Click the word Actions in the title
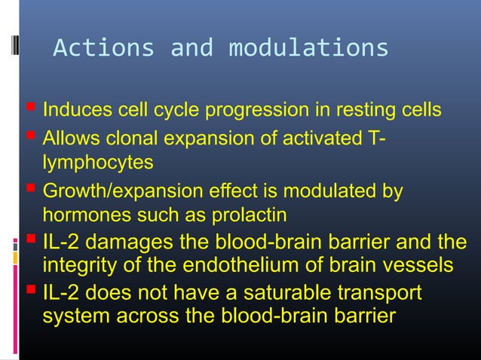click(x=103, y=47)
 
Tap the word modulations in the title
click(x=308, y=47)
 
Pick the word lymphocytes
click(x=97, y=162)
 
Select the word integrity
click(x=78, y=266)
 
